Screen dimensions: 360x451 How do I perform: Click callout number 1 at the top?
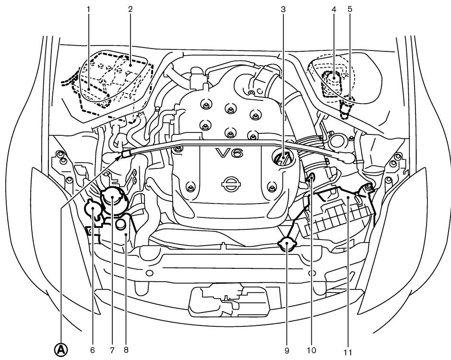pyautogui.click(x=89, y=9)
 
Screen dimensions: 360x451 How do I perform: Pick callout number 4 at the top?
pyautogui.click(x=333, y=9)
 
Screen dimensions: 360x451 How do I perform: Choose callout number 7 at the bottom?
pyautogui.click(x=111, y=351)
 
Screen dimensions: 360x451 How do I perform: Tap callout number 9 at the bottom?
pyautogui.click(x=286, y=351)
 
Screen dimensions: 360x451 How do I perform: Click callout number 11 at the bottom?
pyautogui.click(x=348, y=352)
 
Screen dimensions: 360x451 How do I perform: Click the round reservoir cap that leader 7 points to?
pyautogui.click(x=112, y=197)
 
